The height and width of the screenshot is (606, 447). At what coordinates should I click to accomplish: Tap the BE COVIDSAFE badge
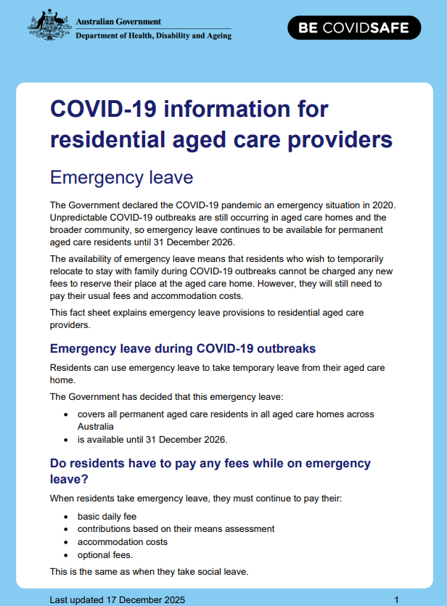358,29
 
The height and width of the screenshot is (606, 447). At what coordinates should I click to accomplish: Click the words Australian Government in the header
118,22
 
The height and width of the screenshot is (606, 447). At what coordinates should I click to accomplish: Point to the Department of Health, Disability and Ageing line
153,36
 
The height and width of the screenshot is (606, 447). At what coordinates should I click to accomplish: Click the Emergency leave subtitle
120,177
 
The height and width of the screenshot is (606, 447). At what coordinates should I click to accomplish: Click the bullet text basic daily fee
107,516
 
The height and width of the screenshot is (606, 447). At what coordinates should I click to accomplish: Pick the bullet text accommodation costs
123,541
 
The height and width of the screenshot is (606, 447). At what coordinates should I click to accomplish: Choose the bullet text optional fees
105,554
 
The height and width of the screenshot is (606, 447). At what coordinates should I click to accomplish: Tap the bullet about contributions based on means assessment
176,529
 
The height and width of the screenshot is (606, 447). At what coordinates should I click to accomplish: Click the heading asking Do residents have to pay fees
210,470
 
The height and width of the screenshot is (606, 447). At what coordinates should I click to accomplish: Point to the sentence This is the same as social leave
149,571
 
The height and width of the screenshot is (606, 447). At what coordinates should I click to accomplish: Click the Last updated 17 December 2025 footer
118,599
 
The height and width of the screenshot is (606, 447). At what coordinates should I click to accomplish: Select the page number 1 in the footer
396,599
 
